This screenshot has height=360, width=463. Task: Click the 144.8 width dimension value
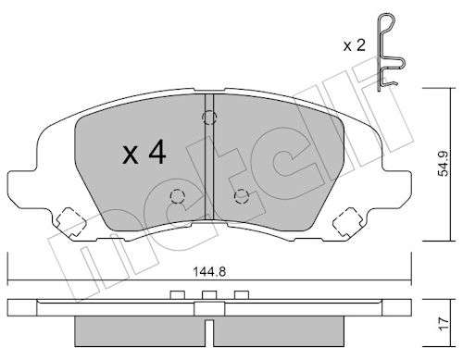(209, 272)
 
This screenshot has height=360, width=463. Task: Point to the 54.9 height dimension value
(444, 164)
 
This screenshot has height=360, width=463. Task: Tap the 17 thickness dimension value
(444, 324)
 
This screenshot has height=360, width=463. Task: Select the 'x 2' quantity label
(355, 45)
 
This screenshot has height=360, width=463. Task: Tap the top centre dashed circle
(209, 118)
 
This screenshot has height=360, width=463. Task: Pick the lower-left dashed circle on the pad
(177, 196)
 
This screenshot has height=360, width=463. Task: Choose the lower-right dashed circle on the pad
(242, 196)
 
